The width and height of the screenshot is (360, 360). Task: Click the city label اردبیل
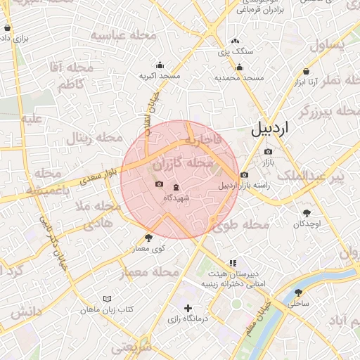270,129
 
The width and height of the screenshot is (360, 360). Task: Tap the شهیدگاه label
176,199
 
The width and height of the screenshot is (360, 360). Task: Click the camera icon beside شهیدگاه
160,185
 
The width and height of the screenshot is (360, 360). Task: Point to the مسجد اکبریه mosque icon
160,65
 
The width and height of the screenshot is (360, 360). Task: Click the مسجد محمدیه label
239,77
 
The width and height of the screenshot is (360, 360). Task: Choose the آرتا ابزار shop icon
307,72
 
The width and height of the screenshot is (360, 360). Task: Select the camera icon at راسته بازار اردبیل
244,175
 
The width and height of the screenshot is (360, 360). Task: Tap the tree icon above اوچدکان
307,212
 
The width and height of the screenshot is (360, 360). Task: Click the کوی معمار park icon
148,238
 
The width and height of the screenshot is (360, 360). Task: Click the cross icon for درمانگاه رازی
187,308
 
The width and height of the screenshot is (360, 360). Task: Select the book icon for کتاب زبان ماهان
107,299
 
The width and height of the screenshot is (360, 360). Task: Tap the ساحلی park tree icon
299,292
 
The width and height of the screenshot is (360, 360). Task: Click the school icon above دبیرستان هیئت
232,264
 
